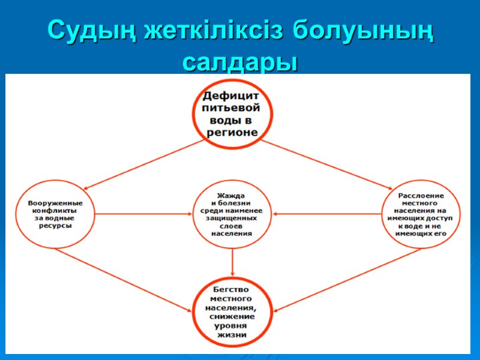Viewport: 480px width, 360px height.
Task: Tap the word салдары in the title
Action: (240, 62)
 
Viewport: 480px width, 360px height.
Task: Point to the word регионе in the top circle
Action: (232, 132)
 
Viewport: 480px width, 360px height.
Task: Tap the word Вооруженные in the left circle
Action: (56, 203)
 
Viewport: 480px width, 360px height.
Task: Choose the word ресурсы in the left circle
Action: (56, 226)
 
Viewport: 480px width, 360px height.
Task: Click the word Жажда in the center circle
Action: (233, 196)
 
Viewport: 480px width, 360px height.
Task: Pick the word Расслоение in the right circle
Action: (421, 196)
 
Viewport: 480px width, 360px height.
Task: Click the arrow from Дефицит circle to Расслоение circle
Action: (324, 164)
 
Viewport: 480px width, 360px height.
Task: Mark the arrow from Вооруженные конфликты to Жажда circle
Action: (144, 214)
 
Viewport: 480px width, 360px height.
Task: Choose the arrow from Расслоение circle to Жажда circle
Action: (327, 214)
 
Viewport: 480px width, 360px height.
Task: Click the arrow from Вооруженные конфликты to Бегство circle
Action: (126, 279)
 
